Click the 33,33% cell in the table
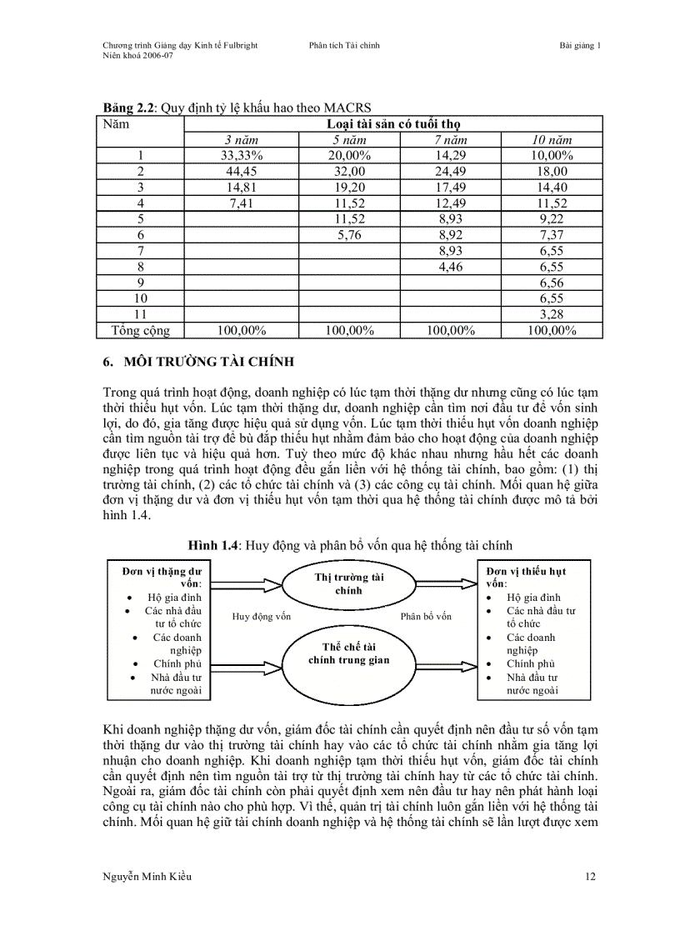[242, 155]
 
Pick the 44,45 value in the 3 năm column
[242, 171]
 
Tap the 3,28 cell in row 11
[552, 313]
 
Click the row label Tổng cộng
[141, 330]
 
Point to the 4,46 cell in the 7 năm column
[450, 267]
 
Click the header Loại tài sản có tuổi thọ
[392, 124]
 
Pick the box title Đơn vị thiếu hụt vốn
[526, 577]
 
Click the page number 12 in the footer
[590, 876]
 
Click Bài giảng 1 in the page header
[579, 46]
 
